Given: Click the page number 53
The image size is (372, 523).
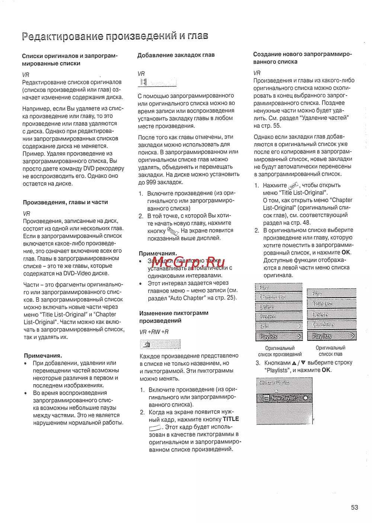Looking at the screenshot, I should click(354, 507).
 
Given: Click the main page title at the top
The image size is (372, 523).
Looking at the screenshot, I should click(115, 36).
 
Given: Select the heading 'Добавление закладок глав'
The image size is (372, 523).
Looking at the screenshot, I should click(176, 55).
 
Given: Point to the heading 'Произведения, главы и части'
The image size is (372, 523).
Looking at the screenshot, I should click(65, 202).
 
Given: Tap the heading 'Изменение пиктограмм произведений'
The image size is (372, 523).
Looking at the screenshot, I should click(174, 317).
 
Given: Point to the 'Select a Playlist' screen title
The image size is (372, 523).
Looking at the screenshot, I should click(274, 382).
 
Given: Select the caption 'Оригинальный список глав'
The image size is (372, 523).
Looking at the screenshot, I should click(330, 351).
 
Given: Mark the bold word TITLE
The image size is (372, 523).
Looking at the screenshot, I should click(231, 419).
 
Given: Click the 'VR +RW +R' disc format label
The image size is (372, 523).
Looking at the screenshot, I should click(154, 332).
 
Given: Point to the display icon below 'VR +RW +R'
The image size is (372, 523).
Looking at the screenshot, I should click(160, 344).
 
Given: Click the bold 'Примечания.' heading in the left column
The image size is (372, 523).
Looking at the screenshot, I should click(43, 356).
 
